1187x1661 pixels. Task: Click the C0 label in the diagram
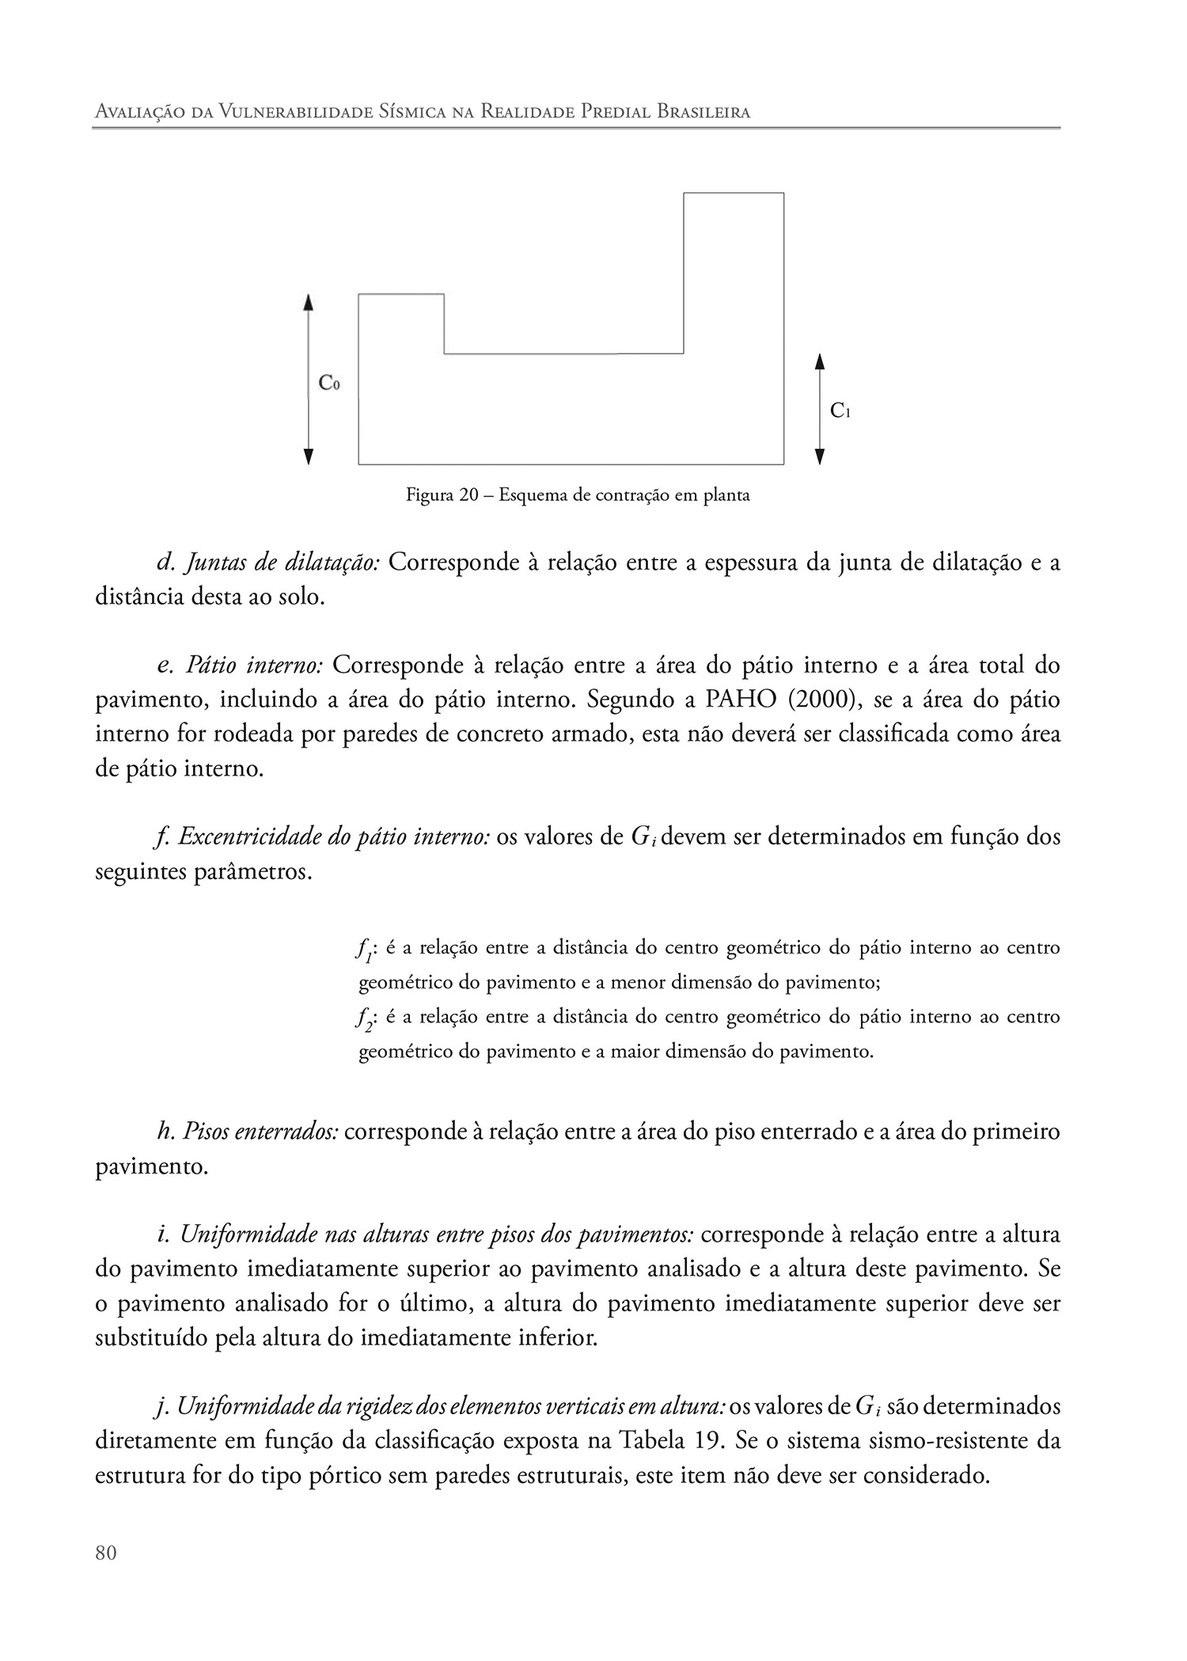pyautogui.click(x=328, y=383)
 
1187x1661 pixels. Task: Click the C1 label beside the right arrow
pyautogui.click(x=840, y=411)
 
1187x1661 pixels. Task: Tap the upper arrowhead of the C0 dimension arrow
pyautogui.click(x=309, y=301)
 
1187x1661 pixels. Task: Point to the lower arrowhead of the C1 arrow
pyautogui.click(x=820, y=457)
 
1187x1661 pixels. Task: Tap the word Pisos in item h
pyautogui.click(x=204, y=1132)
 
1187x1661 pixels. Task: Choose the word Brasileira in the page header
pyautogui.click(x=703, y=112)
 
